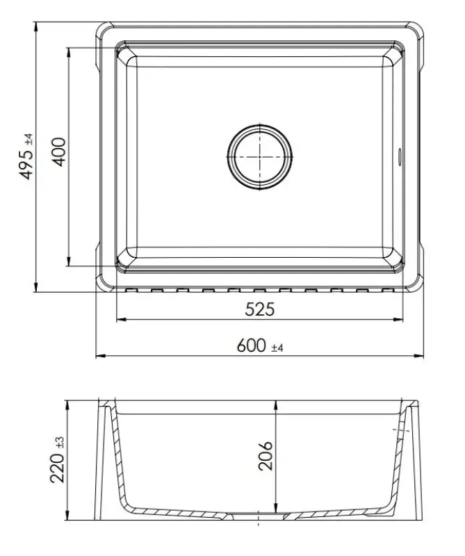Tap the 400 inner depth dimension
tap(60, 151)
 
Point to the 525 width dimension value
tap(259, 309)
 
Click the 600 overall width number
tap(251, 345)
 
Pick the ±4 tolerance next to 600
tap(277, 347)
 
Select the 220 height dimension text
tap(58, 468)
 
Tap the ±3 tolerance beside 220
tap(60, 442)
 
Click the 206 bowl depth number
tap(266, 456)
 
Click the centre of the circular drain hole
tap(259, 156)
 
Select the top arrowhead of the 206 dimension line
tap(277, 404)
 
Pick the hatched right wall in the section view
tap(403, 459)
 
